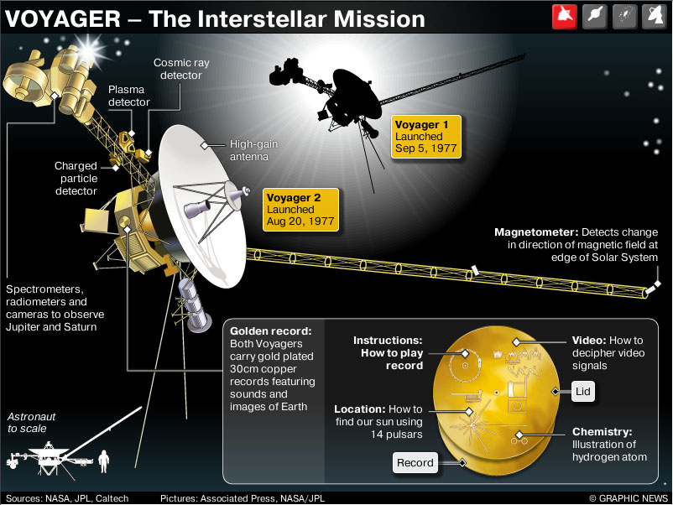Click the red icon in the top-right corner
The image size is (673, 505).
point(565,16)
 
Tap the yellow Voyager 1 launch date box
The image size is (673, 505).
point(426,137)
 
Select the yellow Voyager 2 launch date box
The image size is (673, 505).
point(300,210)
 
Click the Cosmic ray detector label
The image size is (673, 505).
point(181,69)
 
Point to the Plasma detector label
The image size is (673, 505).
point(128,96)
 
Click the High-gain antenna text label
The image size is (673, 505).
point(253,150)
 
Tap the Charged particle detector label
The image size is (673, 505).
point(76,178)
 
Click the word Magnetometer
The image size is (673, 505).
point(536,232)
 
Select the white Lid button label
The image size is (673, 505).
point(583,391)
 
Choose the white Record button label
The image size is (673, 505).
point(415,462)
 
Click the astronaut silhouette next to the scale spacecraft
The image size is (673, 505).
point(103,461)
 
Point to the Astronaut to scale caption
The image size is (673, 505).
point(31,422)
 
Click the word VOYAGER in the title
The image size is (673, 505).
point(63,19)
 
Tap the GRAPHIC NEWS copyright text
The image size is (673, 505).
point(629,498)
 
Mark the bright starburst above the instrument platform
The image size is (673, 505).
point(88,50)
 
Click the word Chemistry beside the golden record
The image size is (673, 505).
point(602,432)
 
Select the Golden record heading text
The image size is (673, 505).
point(271,331)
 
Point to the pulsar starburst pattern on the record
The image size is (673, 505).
point(472,424)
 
